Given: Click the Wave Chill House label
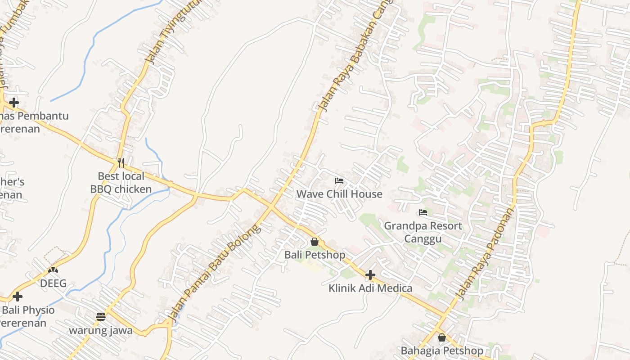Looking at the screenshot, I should tap(339, 194).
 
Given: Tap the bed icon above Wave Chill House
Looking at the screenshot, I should tap(339, 181).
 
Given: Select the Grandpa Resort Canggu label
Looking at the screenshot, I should tap(423, 232).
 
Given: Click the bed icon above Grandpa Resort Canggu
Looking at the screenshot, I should tap(423, 212).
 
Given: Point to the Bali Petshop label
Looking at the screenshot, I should tap(315, 255).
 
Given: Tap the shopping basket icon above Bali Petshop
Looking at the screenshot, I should tap(315, 242).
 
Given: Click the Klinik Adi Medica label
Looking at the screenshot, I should tap(370, 288).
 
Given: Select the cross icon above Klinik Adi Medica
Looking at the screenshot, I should tap(370, 275).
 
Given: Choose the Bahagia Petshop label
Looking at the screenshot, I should tap(442, 351).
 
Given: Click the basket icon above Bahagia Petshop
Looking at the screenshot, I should tap(442, 337).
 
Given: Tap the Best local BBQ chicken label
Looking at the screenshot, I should tap(121, 182).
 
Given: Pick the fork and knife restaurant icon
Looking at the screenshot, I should tap(121, 162).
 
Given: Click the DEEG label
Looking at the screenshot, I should tap(53, 283).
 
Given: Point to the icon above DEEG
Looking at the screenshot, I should tap(53, 270).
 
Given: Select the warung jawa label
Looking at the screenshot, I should tap(101, 330).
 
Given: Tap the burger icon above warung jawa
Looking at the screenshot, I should tap(101, 317).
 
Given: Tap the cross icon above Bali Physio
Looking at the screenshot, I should tap(18, 297).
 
